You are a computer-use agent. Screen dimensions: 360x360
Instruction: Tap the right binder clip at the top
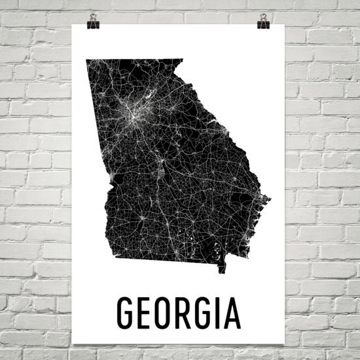tap(263, 20)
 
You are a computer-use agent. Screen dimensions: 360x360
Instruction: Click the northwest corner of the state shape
tap(86, 61)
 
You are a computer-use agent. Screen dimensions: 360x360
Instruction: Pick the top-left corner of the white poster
tap(71, 24)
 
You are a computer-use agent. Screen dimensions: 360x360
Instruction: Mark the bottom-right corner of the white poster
tap(289, 348)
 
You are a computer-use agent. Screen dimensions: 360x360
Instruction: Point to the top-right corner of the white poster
tap(289, 24)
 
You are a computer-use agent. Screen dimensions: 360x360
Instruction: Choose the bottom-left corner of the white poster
tap(71, 348)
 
